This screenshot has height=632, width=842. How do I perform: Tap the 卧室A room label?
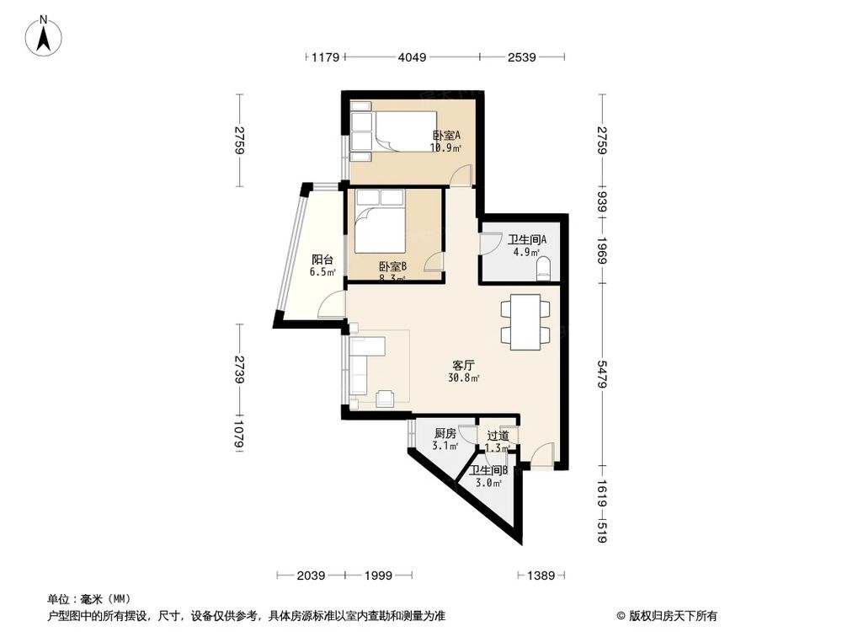[446, 136]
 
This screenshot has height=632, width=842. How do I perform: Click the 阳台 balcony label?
[320, 260]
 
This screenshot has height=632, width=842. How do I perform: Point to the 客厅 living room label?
[464, 366]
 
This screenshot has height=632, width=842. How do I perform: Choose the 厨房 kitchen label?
[445, 434]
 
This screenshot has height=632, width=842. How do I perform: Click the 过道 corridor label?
[498, 436]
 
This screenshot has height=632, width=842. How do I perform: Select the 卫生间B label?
[488, 471]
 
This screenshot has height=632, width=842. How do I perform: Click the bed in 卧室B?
[381, 223]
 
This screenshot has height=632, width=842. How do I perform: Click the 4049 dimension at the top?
[413, 58]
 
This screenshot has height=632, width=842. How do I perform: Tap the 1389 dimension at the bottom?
[540, 575]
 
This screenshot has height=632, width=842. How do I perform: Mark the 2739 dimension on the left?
[240, 370]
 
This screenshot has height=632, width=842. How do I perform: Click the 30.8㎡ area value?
[464, 378]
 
